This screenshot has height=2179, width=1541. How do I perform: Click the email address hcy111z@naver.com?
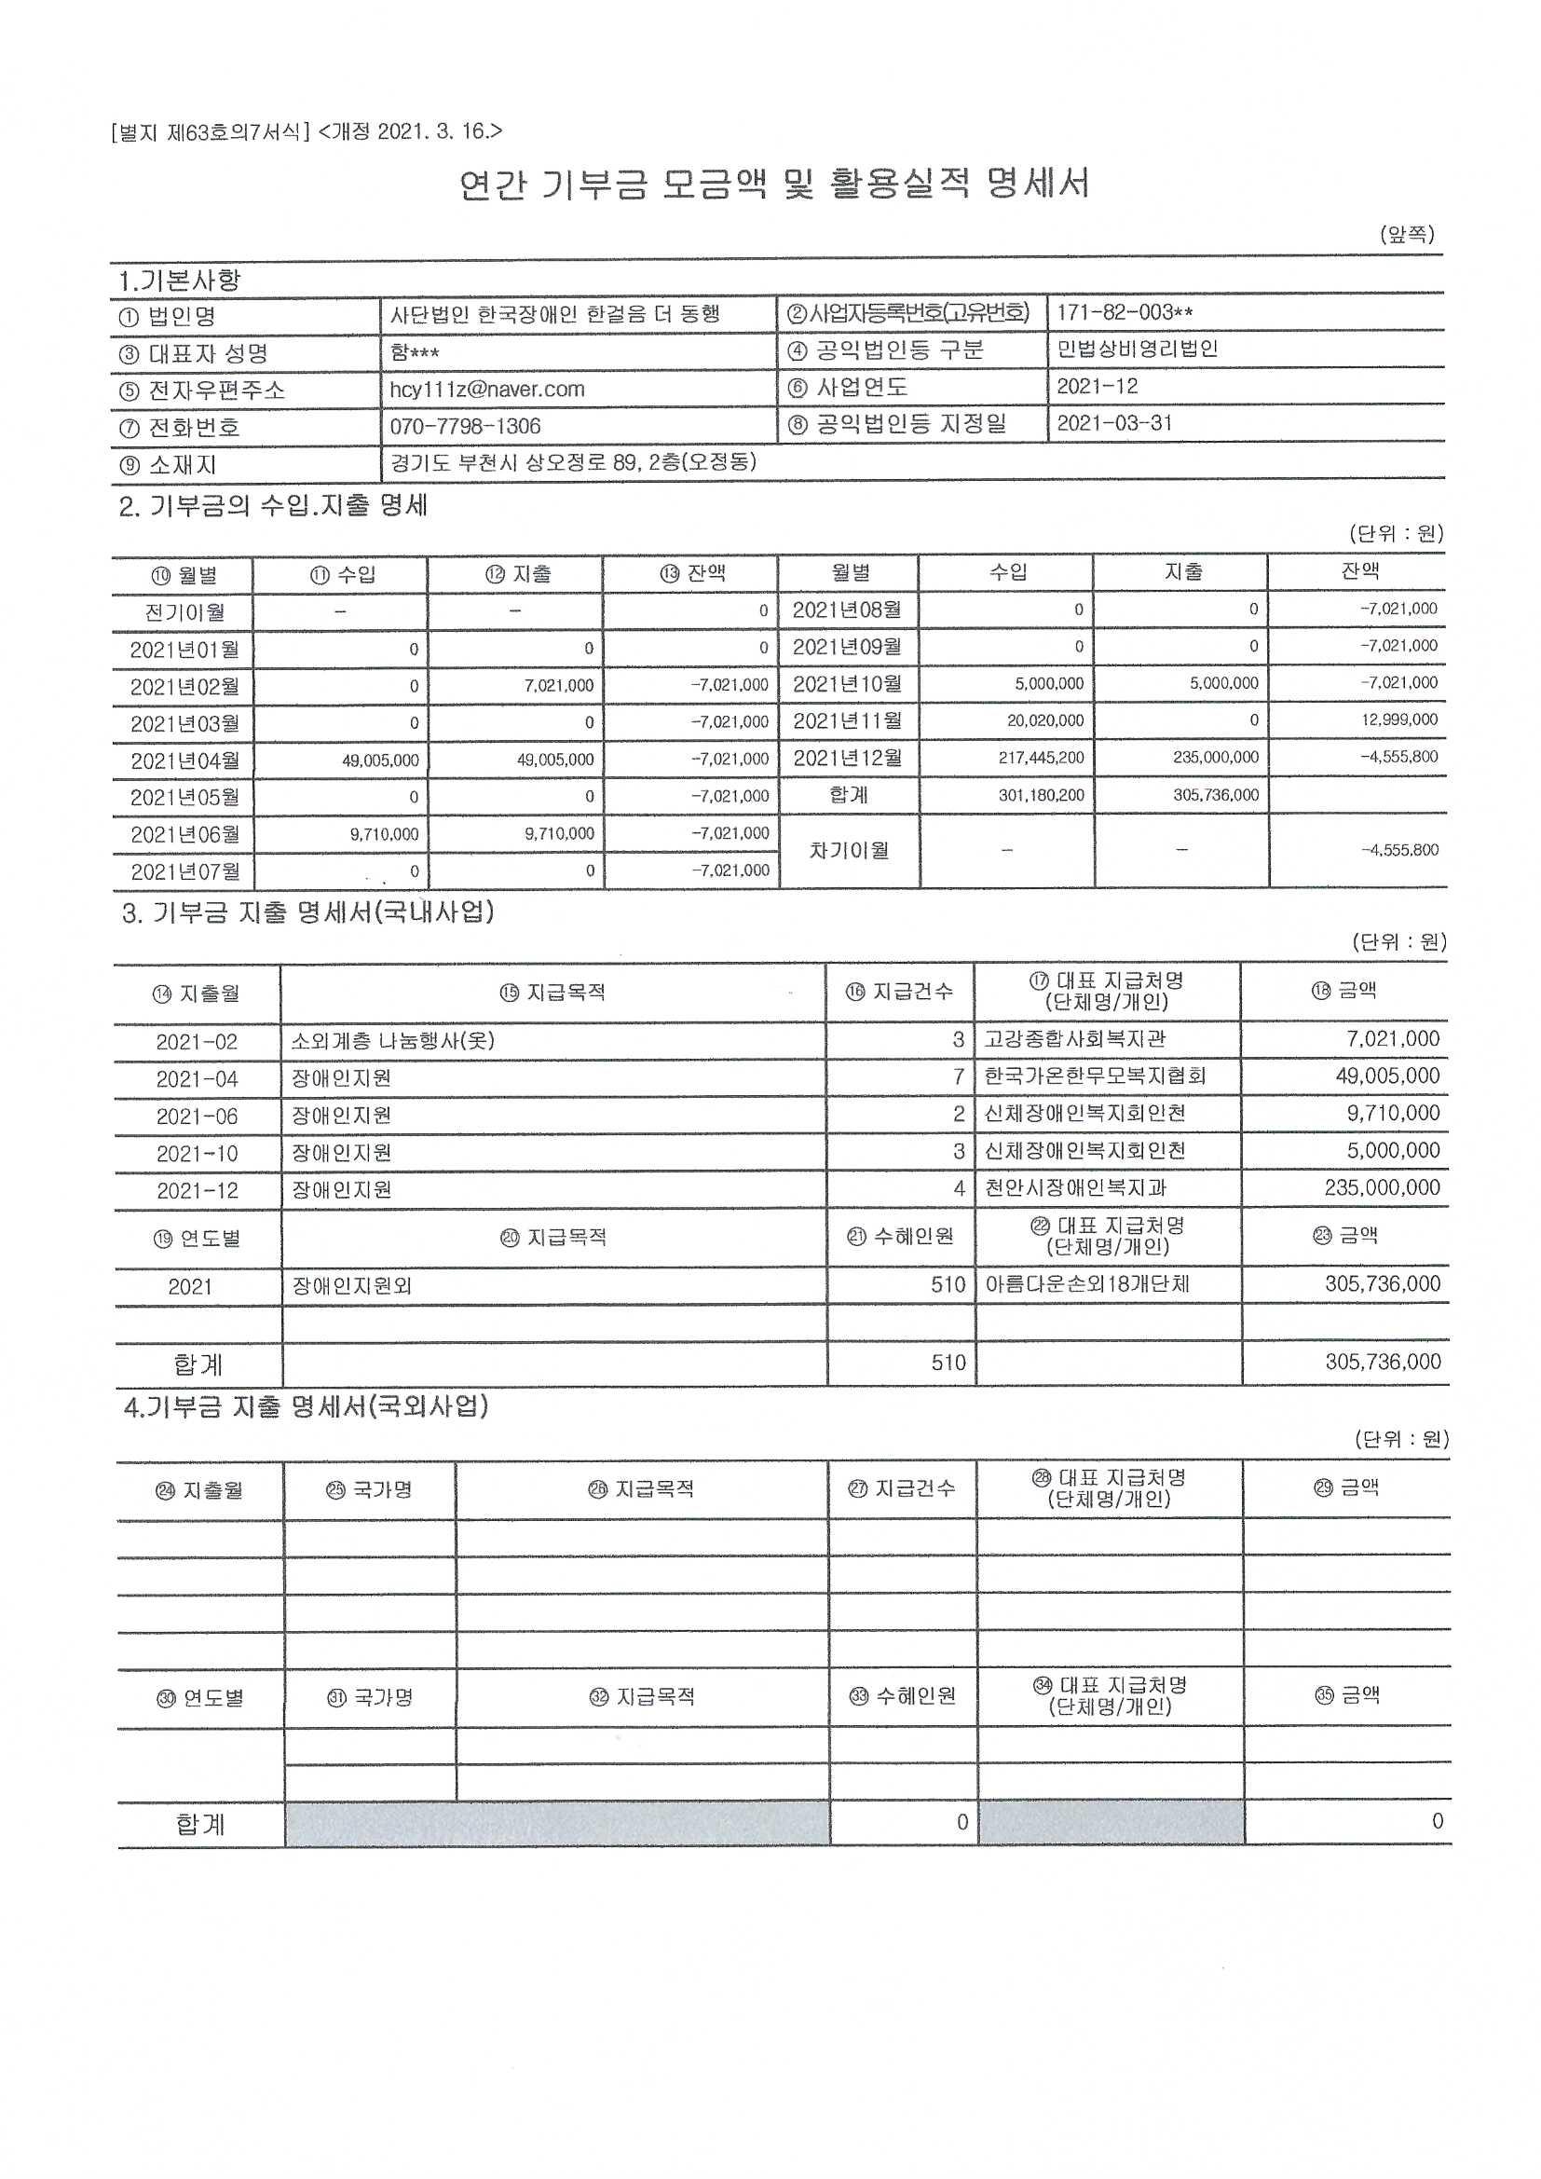pyautogui.click(x=486, y=390)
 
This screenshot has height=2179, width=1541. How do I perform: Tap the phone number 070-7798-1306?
pyautogui.click(x=465, y=427)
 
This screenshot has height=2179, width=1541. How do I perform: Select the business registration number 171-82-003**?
pyautogui.click(x=1125, y=313)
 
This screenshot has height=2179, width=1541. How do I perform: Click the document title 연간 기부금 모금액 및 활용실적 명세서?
pyautogui.click(x=773, y=185)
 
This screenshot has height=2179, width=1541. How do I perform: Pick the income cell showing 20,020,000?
pyautogui.click(x=1044, y=721)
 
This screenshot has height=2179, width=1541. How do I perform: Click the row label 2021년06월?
pyautogui.click(x=185, y=835)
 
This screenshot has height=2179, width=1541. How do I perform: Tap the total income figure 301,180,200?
pyautogui.click(x=1041, y=795)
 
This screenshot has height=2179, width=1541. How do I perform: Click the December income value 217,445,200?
pyautogui.click(x=1041, y=759)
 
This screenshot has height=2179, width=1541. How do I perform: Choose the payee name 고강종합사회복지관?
pyautogui.click(x=1074, y=1039)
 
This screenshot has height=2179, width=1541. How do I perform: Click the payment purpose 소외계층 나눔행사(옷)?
pyautogui.click(x=393, y=1041)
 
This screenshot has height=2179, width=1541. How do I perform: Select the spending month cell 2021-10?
pyautogui.click(x=198, y=1154)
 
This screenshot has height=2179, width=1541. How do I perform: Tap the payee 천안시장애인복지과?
pyautogui.click(x=1076, y=1188)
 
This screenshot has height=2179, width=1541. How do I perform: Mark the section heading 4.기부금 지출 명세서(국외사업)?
pyautogui.click(x=306, y=1406)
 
